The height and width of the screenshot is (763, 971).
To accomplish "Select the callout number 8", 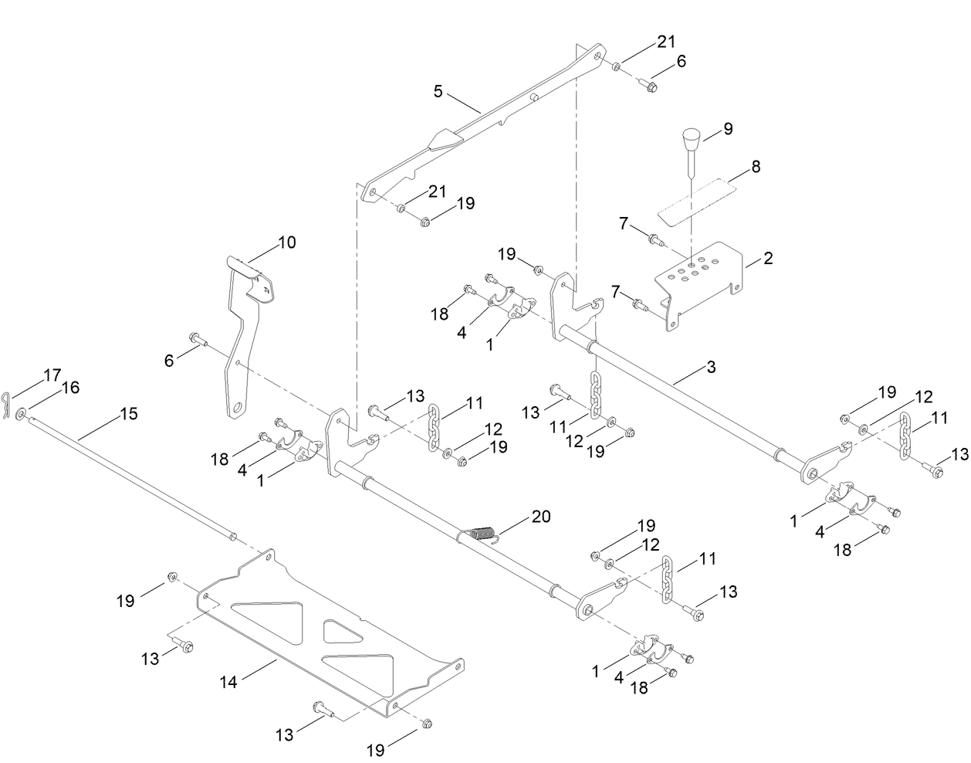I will pyautogui.click(x=756, y=166).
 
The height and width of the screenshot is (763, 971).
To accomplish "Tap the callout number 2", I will pyautogui.click(x=767, y=259).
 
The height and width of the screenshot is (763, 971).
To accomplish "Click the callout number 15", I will pyautogui.click(x=128, y=414).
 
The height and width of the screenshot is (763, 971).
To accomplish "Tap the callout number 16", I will pyautogui.click(x=69, y=388).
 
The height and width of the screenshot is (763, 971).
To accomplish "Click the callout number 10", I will pyautogui.click(x=286, y=242).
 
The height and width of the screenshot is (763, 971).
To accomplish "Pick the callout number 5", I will pyautogui.click(x=438, y=92).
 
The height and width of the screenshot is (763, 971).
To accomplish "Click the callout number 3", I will pyautogui.click(x=709, y=367).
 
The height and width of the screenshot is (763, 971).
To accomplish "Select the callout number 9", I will pyautogui.click(x=727, y=128).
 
